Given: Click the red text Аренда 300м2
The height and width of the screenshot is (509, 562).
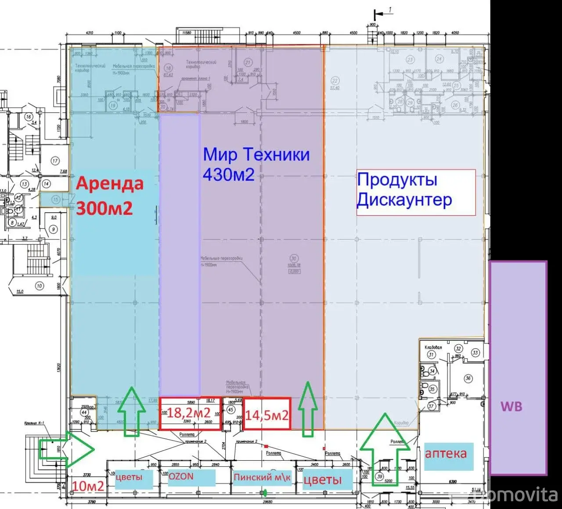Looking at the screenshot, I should pos(109,196).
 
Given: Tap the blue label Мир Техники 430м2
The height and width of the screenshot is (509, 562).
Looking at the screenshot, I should pos(256,164).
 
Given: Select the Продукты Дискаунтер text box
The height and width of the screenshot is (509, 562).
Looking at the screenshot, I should pos(416,192).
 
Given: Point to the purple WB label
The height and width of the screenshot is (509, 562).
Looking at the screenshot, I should pos(512,406).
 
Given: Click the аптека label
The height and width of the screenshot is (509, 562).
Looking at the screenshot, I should pos(446,453).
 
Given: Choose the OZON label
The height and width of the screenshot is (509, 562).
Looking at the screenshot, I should pos(181,477).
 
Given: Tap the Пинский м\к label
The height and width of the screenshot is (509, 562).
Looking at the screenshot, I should pos(262,478).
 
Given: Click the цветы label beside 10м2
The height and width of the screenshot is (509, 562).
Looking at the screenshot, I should pos(129,477).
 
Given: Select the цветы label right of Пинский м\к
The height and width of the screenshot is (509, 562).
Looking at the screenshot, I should pos(322,479).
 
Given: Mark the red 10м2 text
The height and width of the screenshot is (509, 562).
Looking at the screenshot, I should pos(88,486).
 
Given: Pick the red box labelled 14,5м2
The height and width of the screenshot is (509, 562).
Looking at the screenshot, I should pos(267,414).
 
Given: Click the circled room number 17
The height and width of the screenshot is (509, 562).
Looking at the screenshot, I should pos(55,161).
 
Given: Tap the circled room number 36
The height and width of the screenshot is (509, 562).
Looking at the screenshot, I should pos(468,379).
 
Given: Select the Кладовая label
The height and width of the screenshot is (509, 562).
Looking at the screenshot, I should pos(433,347).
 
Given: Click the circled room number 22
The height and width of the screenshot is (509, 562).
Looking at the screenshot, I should pos(335,81).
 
